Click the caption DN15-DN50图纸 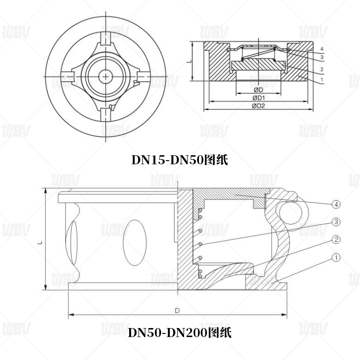pyautogui.click(x=180, y=160)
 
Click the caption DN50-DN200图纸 pyautogui.click(x=180, y=333)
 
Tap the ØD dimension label pyautogui.click(x=258, y=90)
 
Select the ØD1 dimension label pyautogui.click(x=258, y=98)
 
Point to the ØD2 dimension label pyautogui.click(x=258, y=106)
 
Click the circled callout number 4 pyautogui.click(x=337, y=204)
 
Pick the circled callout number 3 pyautogui.click(x=337, y=222)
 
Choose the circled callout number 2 pyautogui.click(x=337, y=239)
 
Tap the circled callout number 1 pyautogui.click(x=337, y=257)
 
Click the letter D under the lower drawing pyautogui.click(x=177, y=311)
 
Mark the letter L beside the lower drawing pyautogui.click(x=40, y=242)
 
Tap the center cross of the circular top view pyautogui.click(x=105, y=76)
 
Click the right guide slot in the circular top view pyautogui.click(x=141, y=76)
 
